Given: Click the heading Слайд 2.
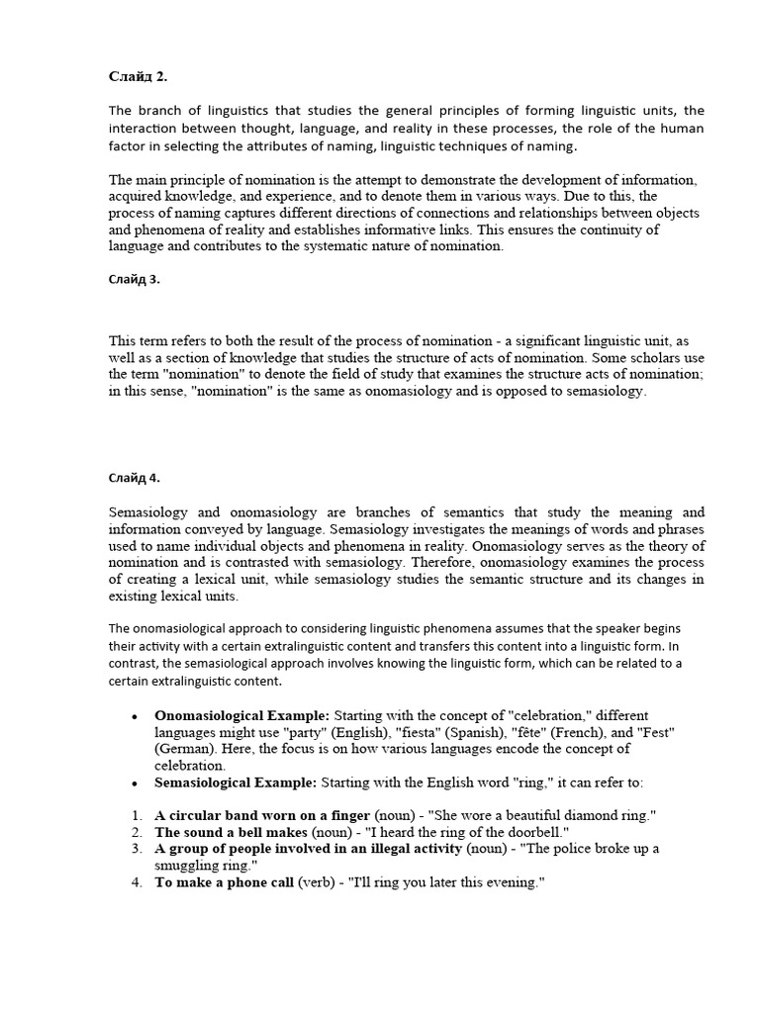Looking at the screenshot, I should pyautogui.click(x=137, y=76).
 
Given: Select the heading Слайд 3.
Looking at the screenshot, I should pyautogui.click(x=134, y=279).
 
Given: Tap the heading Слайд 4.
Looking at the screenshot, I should pyautogui.click(x=134, y=478).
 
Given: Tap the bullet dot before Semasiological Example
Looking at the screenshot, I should pyautogui.click(x=134, y=783).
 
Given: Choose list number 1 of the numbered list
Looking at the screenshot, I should pyautogui.click(x=136, y=815).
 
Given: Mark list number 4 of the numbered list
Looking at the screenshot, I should pyautogui.click(x=136, y=882).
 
